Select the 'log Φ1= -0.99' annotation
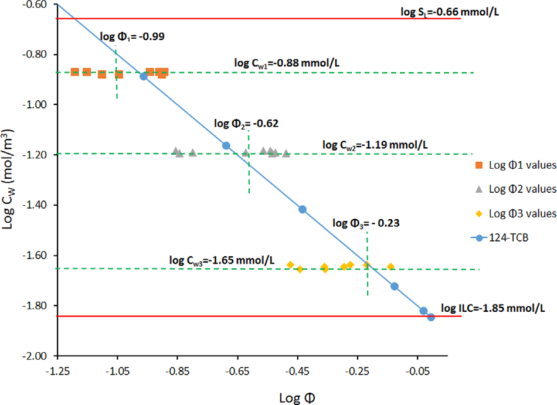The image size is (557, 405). point(132,36)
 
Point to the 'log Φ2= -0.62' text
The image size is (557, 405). point(246,124)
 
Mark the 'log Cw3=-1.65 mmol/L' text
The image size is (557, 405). point(222,260)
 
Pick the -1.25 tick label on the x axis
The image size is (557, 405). point(57,370)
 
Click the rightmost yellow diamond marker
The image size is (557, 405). point(391,267)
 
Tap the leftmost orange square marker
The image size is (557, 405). point(74,72)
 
